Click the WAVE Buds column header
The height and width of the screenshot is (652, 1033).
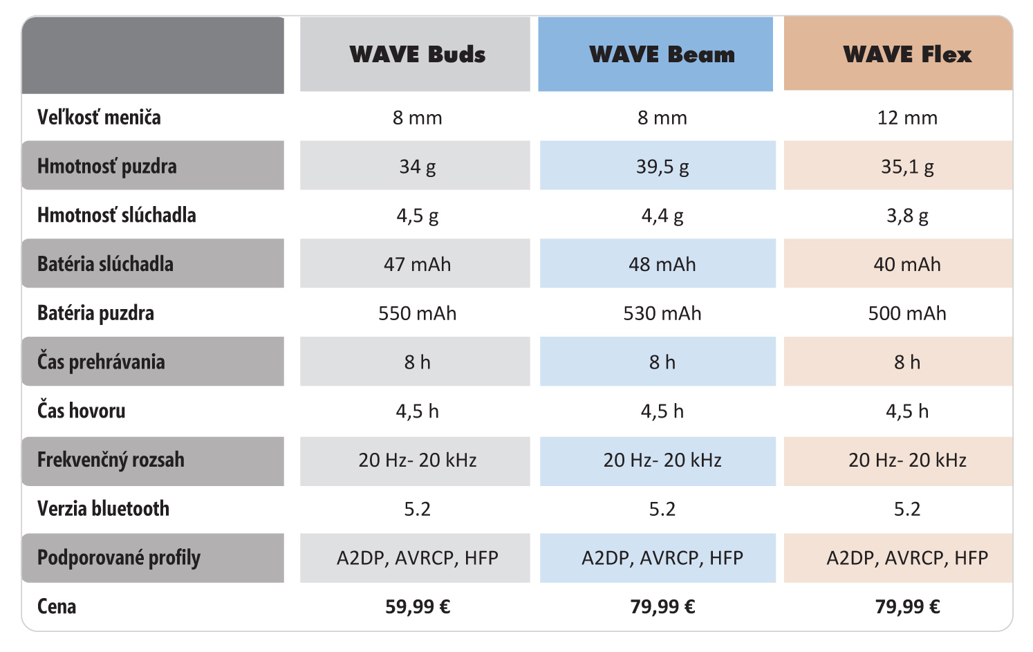(417, 55)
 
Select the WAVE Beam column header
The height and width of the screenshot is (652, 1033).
(662, 55)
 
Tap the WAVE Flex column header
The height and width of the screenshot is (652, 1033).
(906, 55)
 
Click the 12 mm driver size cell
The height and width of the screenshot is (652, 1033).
(906, 118)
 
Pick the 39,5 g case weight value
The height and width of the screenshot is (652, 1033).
(662, 167)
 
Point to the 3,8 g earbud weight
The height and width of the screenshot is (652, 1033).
(906, 216)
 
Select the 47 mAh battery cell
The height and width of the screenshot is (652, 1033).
(417, 264)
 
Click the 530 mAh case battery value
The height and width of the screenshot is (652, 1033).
(662, 313)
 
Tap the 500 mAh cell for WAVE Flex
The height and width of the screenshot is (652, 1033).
(906, 313)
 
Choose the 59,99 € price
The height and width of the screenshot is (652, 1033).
(417, 607)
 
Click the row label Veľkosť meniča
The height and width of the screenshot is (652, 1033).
(99, 118)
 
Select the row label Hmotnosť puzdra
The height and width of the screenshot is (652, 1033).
(106, 167)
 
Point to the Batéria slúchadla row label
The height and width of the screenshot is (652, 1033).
(105, 264)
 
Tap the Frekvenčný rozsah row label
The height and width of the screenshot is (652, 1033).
(111, 460)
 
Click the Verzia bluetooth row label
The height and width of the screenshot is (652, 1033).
(103, 509)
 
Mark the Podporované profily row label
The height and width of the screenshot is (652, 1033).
(118, 558)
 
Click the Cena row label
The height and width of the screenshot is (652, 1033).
(57, 607)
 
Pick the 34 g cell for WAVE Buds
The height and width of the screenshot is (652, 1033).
(417, 167)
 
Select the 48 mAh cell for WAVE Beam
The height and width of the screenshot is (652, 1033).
(662, 264)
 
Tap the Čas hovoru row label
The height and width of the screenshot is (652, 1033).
(82, 411)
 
